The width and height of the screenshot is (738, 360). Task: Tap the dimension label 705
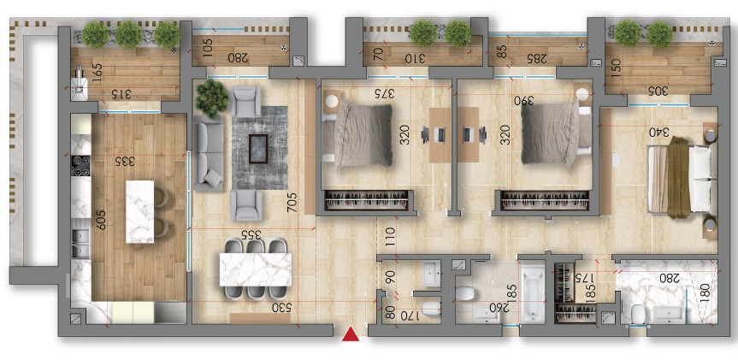292,203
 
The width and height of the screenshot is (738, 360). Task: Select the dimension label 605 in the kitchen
100,219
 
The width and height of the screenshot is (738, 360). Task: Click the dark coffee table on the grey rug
258,149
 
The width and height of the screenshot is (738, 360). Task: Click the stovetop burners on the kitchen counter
80,165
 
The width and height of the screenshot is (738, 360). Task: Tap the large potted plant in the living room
211,97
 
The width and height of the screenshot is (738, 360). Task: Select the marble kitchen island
140,212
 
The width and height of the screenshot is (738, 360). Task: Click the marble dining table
256,269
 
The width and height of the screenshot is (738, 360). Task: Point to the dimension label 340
659,133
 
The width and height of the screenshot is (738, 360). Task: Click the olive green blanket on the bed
679,177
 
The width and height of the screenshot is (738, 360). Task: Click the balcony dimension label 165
97,73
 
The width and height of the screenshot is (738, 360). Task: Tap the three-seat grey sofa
209,153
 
